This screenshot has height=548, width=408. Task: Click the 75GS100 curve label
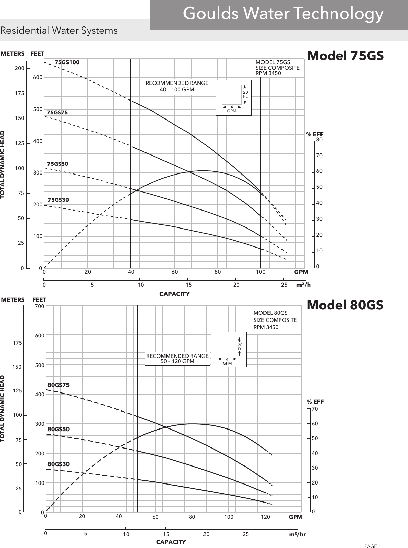coord(67,62)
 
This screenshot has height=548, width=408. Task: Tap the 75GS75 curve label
coord(57,113)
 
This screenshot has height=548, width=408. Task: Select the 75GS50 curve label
coord(58,164)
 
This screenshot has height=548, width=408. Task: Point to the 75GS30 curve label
coord(58,200)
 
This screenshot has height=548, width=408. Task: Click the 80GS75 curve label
coord(58,385)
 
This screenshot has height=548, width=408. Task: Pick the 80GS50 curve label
coord(58,429)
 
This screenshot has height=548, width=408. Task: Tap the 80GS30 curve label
coord(58,464)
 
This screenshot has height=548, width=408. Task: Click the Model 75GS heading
coord(345,55)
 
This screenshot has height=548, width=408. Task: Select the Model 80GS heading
coord(345,305)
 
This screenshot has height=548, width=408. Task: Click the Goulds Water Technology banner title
coord(283,14)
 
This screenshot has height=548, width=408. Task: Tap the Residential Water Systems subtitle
coord(59,31)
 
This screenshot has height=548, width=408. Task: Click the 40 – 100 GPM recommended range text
coord(177,90)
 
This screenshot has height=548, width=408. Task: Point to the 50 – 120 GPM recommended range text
coord(177,361)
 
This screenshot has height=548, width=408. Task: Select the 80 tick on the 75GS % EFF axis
coord(319,140)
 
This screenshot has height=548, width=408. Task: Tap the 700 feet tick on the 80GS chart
coord(39,306)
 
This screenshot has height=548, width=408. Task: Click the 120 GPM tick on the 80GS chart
coord(265,517)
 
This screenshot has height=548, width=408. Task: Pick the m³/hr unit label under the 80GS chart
coord(297,534)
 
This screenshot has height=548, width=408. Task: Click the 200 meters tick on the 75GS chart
coord(19,68)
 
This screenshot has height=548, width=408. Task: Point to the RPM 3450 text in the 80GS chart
coord(266,327)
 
